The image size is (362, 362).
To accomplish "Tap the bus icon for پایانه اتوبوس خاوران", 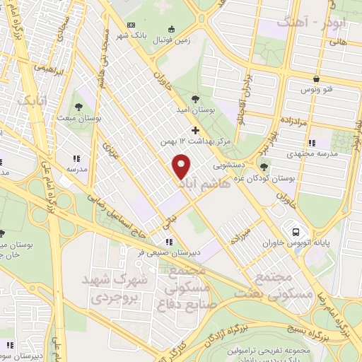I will (296, 231).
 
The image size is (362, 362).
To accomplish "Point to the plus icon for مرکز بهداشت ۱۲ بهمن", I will (196, 131).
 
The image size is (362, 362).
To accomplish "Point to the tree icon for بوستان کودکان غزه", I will (263, 167).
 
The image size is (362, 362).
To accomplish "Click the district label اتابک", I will (34, 100).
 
